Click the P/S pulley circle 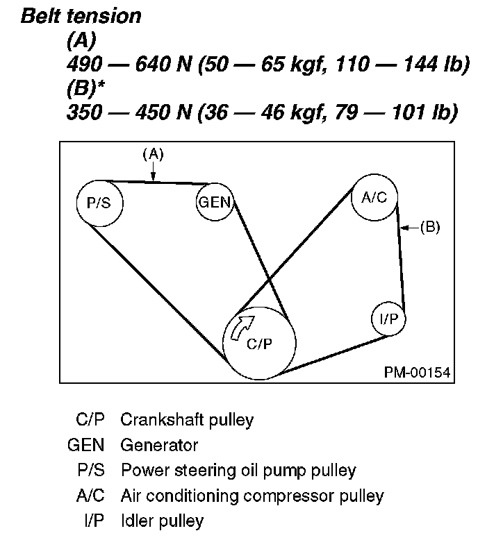tap(99, 203)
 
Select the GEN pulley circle tap(215, 203)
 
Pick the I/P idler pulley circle tap(388, 319)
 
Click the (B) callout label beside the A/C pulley tap(430, 226)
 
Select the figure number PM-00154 tap(417, 373)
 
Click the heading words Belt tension tap(81, 17)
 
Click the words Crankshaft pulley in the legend tap(187, 420)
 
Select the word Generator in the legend tap(159, 445)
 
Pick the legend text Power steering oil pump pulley tap(238, 471)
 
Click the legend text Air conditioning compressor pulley tap(252, 496)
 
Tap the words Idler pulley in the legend tap(162, 521)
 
